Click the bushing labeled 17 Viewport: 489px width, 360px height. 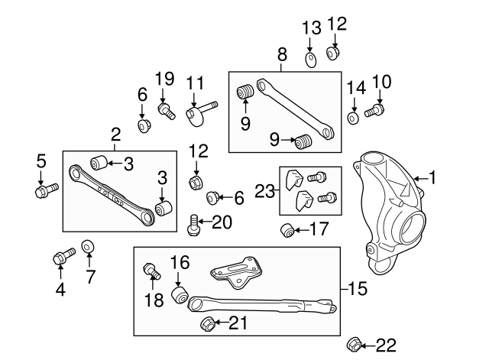point(289,229)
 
